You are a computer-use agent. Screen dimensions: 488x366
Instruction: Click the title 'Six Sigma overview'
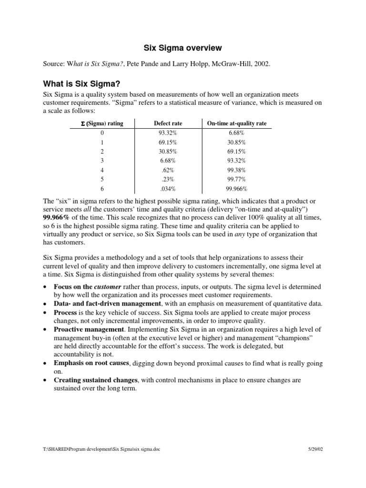pyautogui.click(x=183, y=48)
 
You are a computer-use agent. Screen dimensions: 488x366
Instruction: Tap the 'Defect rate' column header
pyautogui.click(x=168, y=123)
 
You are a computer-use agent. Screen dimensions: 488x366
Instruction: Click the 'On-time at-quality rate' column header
pyautogui.click(x=236, y=123)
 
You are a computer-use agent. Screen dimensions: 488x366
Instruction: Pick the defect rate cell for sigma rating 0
pyautogui.click(x=168, y=133)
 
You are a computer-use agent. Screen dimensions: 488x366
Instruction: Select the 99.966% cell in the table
pyautogui.click(x=236, y=189)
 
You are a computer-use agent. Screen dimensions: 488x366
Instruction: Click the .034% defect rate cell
pyautogui.click(x=168, y=189)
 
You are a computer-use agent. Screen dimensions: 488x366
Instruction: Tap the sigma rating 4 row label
pyautogui.click(x=102, y=170)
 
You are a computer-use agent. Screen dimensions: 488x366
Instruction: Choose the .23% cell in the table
pyautogui.click(x=168, y=179)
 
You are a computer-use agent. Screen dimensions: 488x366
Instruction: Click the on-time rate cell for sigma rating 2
pyautogui.click(x=236, y=152)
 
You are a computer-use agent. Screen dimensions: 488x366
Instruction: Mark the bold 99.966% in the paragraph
pyautogui.click(x=58, y=217)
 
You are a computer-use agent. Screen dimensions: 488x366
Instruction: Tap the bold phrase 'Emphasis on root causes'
pyautogui.click(x=91, y=364)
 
